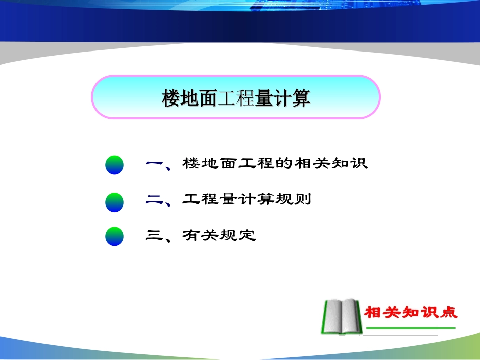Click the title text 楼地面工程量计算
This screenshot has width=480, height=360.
235,98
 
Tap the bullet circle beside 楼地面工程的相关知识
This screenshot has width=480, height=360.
114,165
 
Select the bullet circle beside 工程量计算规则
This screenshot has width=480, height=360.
114,201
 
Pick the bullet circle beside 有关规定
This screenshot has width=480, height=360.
114,236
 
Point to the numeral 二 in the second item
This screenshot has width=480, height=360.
153,200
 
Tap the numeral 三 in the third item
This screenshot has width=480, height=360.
153,235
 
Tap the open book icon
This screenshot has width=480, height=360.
341,316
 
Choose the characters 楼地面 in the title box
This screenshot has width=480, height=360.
189,98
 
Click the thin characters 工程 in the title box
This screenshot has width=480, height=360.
235,98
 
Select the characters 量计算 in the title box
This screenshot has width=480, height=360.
282,98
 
